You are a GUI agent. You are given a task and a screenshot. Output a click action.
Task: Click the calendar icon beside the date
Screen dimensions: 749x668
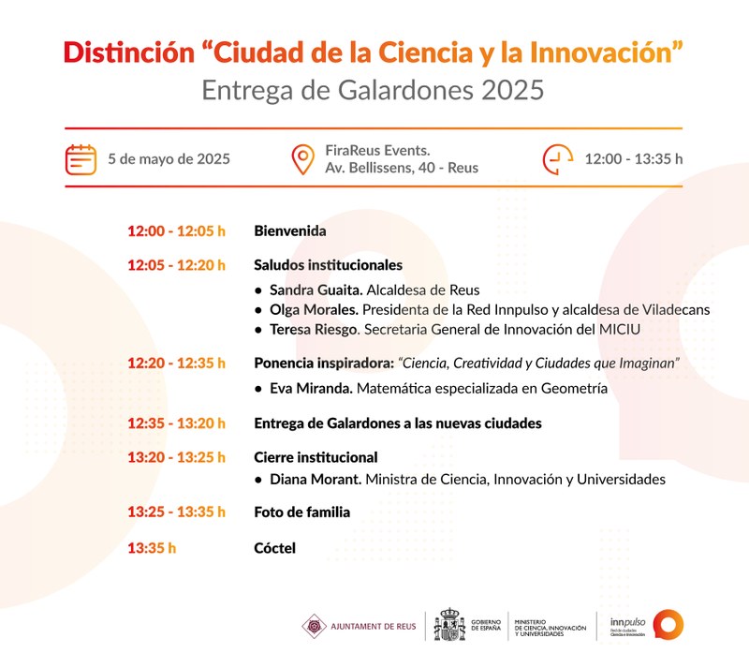(x=81, y=159)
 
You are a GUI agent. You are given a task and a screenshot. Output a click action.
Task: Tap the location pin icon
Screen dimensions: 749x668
(x=302, y=159)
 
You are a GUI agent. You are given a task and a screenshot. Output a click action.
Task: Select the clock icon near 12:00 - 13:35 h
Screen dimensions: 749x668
(x=557, y=159)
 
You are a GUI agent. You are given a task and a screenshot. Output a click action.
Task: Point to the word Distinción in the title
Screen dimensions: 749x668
(x=129, y=52)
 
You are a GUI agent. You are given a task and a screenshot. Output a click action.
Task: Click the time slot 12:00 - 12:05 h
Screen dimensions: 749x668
(x=176, y=231)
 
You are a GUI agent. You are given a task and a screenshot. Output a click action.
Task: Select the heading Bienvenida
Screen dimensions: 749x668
(x=290, y=231)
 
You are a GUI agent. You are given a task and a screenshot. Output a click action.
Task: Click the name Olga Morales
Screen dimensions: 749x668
(x=314, y=310)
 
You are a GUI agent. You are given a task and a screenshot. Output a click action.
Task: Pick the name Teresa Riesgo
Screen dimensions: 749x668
(x=314, y=330)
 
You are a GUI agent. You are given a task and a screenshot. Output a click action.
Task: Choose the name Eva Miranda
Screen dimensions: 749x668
(x=311, y=388)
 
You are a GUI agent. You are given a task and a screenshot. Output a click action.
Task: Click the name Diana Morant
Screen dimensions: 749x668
(x=316, y=479)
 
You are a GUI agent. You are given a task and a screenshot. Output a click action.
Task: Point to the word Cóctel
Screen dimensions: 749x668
(x=274, y=548)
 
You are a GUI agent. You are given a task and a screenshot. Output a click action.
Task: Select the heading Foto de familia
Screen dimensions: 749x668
(x=301, y=512)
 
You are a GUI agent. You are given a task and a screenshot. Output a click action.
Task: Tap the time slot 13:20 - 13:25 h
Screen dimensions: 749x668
(x=176, y=457)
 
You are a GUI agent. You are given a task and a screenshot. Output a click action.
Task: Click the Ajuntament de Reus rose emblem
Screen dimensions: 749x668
(x=315, y=626)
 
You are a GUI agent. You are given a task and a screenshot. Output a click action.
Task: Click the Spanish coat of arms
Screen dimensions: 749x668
(x=449, y=625)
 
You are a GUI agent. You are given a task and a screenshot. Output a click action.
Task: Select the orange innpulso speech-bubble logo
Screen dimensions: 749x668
(x=668, y=625)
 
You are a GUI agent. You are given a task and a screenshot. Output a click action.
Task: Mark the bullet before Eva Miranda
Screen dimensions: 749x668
(x=258, y=389)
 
